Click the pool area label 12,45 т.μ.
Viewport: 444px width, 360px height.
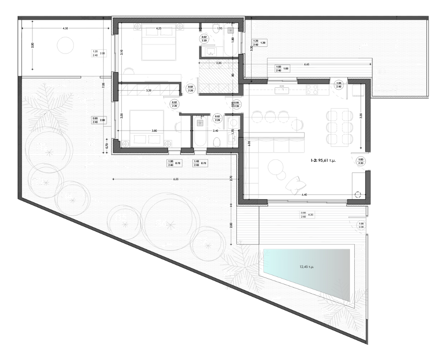(308, 267)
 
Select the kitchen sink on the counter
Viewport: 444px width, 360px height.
(282, 88)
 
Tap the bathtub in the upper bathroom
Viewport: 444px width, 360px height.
(231, 40)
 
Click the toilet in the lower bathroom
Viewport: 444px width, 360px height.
(217, 142)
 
